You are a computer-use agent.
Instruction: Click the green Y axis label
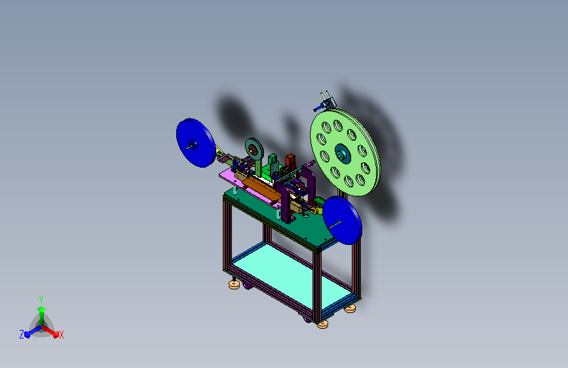(x=41, y=300)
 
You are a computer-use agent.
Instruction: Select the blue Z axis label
(x=22, y=335)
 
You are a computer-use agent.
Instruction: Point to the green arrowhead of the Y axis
(x=42, y=309)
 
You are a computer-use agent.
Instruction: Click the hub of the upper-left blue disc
(x=193, y=145)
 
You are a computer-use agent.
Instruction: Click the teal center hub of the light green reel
(x=342, y=154)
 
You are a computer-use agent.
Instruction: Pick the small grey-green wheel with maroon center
(x=254, y=149)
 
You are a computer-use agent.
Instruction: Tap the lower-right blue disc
(x=342, y=220)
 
